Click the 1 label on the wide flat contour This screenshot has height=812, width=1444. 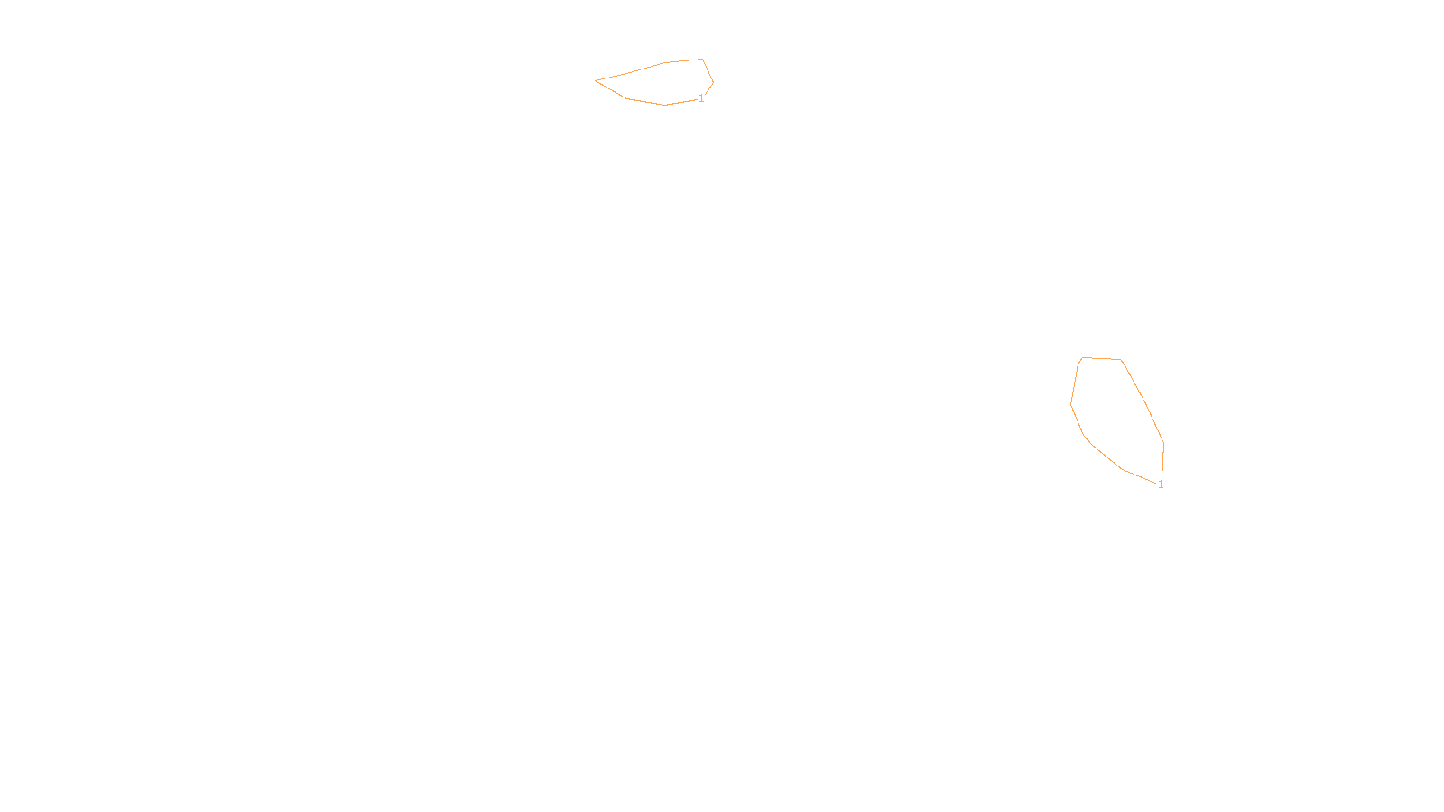tap(701, 98)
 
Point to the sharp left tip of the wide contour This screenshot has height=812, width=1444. tap(597, 80)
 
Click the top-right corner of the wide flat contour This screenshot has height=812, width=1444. tap(702, 60)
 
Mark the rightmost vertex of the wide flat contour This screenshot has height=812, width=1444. tap(713, 83)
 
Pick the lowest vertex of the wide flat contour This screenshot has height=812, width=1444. tap(665, 105)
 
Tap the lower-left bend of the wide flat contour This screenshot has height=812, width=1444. tap(625, 97)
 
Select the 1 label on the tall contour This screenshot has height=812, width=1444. tap(1161, 484)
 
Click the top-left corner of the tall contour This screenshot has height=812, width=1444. tap(1081, 358)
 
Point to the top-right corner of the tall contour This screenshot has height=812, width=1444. tap(1121, 360)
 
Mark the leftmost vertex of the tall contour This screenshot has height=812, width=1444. tap(1071, 404)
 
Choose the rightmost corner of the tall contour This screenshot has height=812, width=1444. tap(1163, 442)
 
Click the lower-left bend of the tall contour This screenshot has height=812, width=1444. tap(1085, 436)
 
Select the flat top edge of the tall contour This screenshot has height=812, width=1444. tap(1101, 359)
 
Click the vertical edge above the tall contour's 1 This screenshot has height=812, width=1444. tap(1162, 462)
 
